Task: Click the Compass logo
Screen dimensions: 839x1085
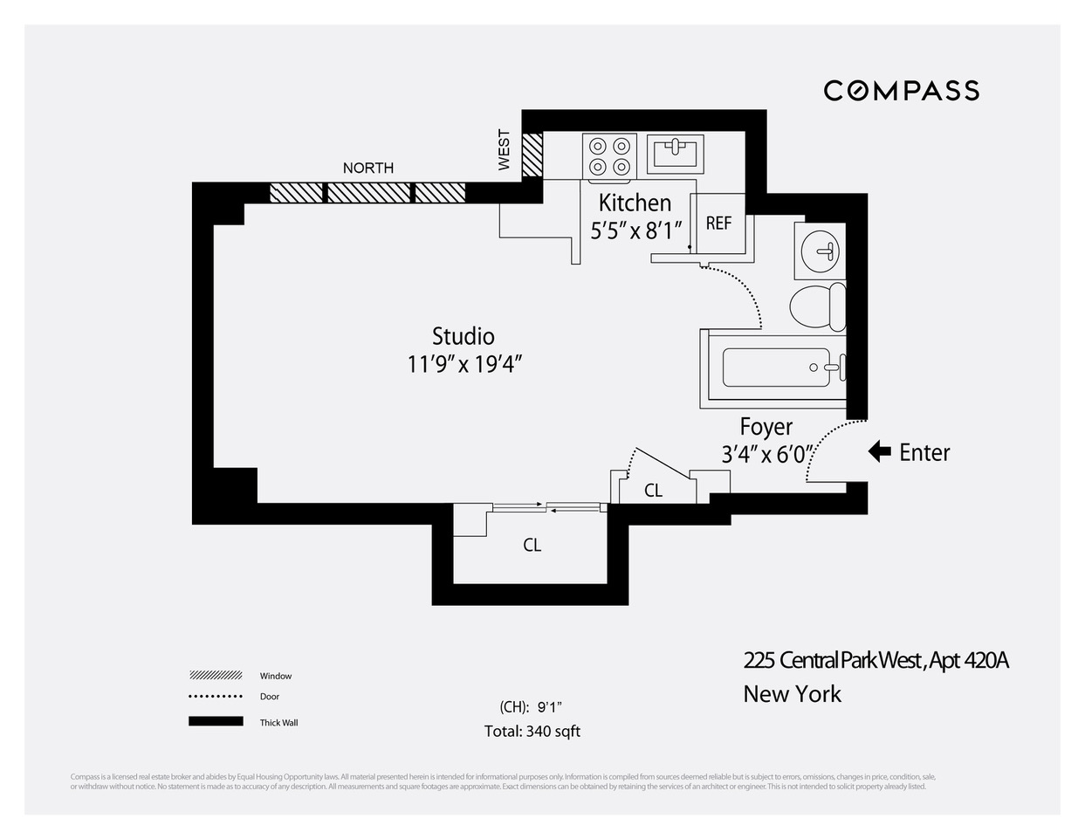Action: click(x=901, y=91)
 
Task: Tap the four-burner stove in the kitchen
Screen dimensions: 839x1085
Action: click(x=609, y=156)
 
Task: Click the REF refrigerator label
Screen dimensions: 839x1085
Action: click(x=718, y=224)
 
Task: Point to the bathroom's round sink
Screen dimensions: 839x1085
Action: click(x=820, y=251)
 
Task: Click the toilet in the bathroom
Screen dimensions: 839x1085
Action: click(x=818, y=306)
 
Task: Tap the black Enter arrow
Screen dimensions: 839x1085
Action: click(x=879, y=451)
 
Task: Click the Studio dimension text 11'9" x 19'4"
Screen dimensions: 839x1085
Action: click(x=464, y=364)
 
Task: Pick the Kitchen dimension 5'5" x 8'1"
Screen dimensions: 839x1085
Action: click(x=635, y=230)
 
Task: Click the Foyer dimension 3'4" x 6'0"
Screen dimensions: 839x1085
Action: click(x=766, y=454)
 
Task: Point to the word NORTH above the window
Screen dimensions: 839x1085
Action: click(x=367, y=168)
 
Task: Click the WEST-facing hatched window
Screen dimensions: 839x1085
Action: click(x=532, y=155)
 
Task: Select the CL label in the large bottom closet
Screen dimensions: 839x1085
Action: click(x=532, y=545)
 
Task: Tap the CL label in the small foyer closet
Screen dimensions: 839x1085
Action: click(x=653, y=491)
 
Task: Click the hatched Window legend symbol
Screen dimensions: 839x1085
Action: click(x=216, y=675)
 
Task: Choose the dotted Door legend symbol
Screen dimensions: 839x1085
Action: click(x=216, y=697)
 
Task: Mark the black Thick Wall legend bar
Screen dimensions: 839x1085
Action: click(x=216, y=721)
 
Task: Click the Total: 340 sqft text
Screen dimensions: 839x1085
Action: click(x=532, y=732)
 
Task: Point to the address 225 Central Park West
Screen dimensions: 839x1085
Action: click(x=876, y=660)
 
